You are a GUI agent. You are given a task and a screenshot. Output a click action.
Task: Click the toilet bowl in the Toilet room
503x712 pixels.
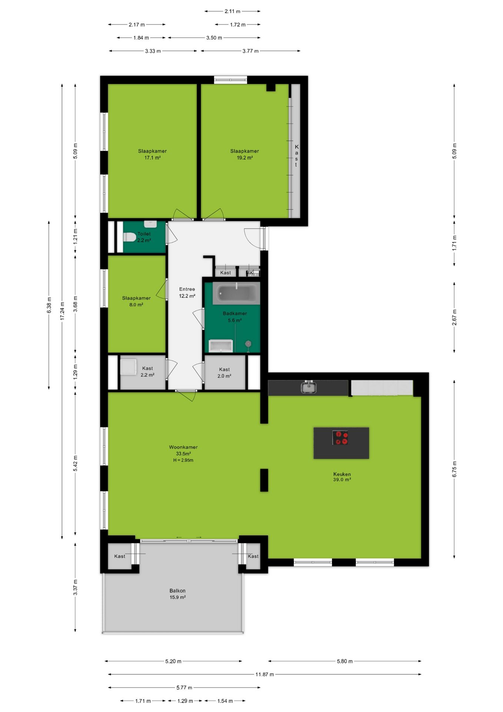coord(129,237)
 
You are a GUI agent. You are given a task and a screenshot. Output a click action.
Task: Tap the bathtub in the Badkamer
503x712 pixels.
coord(236,293)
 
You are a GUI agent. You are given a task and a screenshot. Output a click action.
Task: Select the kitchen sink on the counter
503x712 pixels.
coord(308,388)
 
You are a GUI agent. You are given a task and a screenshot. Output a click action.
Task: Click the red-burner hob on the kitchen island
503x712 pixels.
coord(340,438)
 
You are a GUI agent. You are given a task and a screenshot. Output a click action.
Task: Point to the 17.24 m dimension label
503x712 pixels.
coord(62,311)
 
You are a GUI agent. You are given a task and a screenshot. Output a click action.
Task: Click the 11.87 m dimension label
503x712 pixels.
coord(264,674)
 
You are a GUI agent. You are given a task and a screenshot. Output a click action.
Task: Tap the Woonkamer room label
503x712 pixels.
coord(183,447)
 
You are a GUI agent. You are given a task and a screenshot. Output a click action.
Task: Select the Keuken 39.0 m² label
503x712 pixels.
coord(342,477)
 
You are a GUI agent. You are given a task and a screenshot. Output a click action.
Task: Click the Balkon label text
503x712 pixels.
coord(177,591)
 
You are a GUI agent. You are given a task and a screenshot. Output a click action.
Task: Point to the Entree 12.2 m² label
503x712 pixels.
coord(187,293)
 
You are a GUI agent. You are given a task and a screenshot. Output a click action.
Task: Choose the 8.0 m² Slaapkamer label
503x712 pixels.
coord(136,301)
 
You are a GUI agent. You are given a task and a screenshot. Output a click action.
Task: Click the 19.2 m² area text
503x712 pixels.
coord(245,158)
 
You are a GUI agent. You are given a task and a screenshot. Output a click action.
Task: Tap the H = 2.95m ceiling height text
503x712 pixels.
coord(183,460)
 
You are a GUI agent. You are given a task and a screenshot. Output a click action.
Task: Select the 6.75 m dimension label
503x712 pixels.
coord(454,469)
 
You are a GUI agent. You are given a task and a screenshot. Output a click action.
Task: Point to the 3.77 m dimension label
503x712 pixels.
coord(250,51)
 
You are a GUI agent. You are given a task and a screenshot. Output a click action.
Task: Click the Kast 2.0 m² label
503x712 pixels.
coord(224,373)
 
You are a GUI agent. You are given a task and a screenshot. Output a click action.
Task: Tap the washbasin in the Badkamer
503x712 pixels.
coord(221,346)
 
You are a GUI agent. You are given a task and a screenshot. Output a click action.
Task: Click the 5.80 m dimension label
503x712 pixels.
coord(345,661)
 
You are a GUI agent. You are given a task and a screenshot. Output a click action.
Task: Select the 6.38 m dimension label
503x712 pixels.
coord(49,305)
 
